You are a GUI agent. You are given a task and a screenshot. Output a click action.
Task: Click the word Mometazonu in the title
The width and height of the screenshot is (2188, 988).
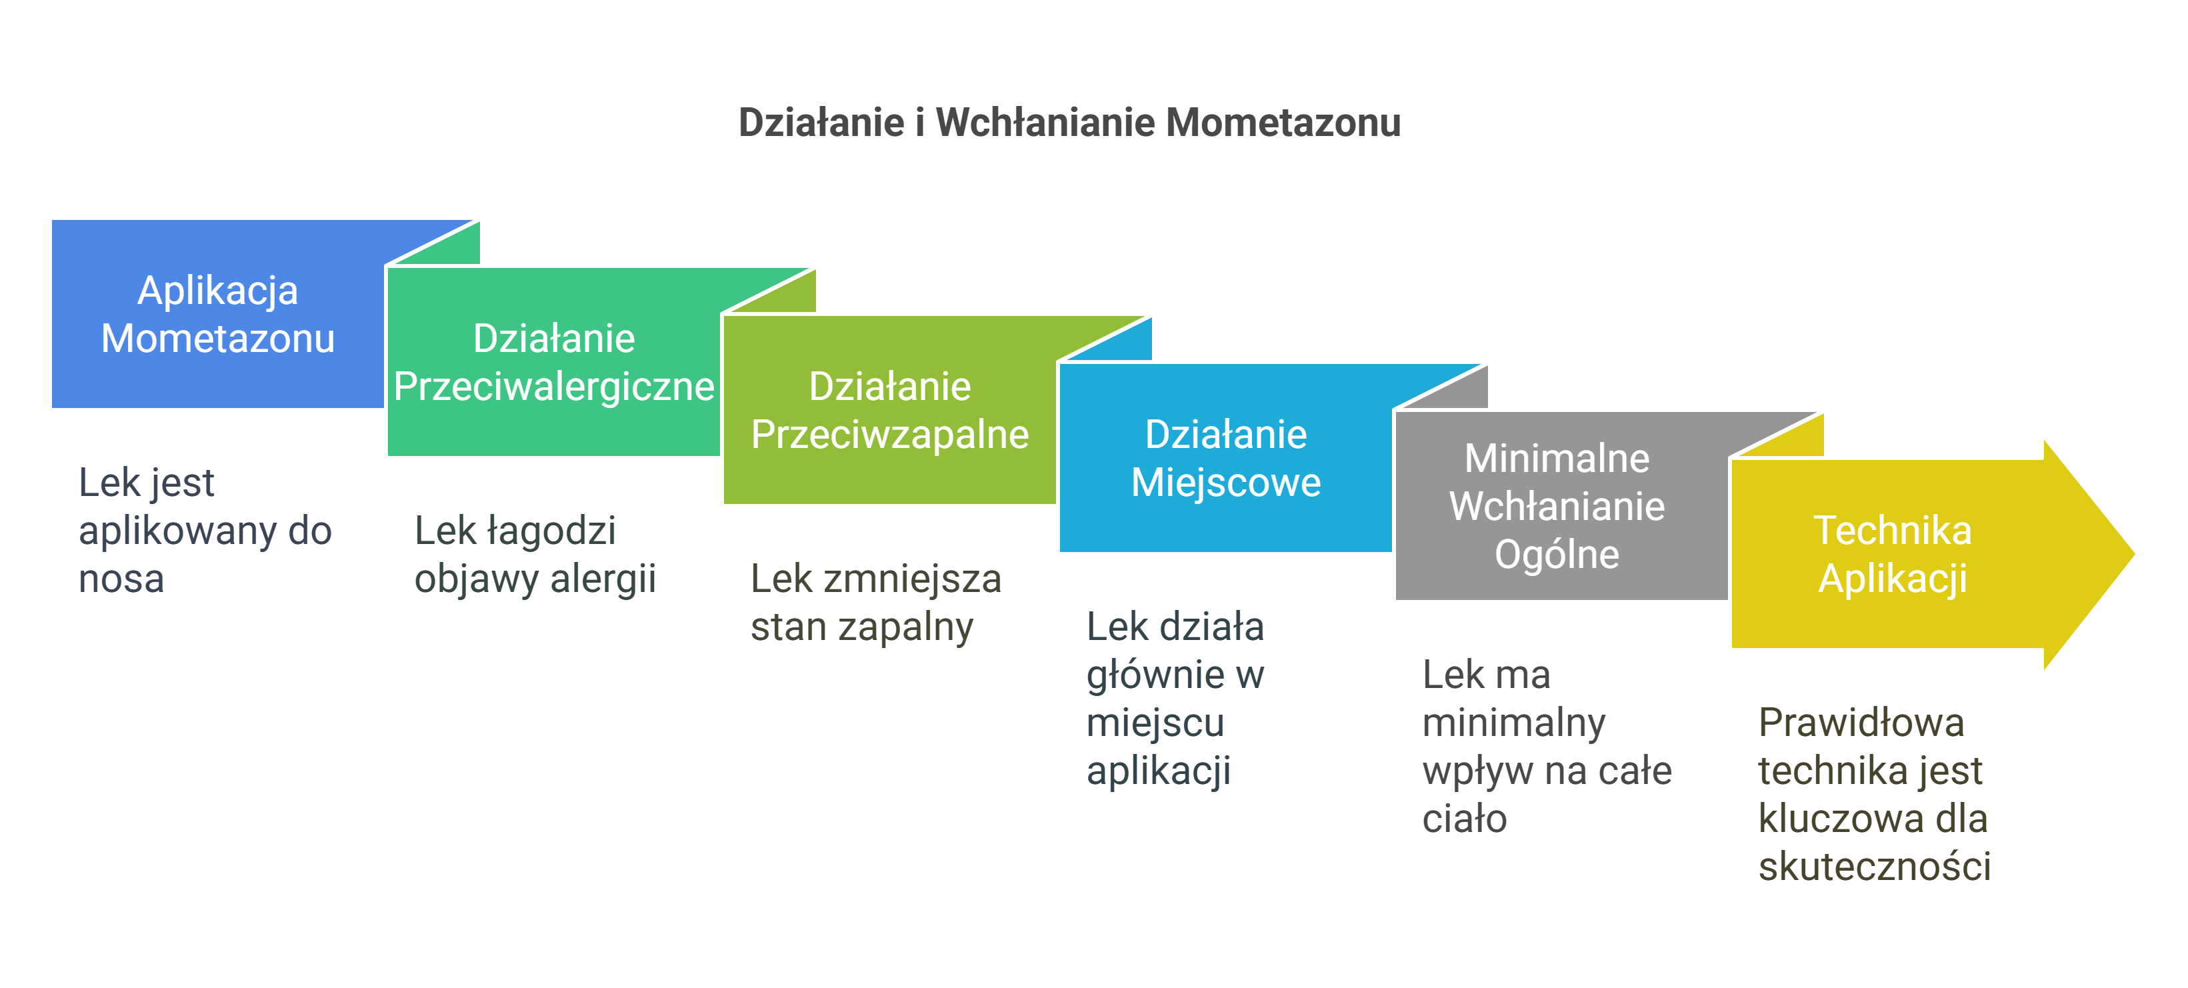point(1283,122)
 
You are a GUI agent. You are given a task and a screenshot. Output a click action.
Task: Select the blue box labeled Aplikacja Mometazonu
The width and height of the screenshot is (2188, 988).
point(217,313)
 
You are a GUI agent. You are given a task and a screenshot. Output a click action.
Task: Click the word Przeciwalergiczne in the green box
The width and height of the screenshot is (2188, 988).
point(554,387)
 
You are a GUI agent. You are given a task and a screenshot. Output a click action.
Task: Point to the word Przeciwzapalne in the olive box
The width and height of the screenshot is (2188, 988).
point(889,434)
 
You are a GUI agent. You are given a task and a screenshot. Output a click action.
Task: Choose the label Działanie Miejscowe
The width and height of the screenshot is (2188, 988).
point(1225,458)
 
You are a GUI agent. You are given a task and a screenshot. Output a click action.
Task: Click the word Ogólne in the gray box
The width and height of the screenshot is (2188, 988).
point(1556,555)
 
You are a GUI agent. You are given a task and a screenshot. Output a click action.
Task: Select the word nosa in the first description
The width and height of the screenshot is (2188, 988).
point(121,579)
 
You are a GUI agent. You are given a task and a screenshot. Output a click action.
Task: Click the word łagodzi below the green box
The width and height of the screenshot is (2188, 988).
point(551,531)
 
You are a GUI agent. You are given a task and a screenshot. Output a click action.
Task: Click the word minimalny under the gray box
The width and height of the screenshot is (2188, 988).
point(1513,723)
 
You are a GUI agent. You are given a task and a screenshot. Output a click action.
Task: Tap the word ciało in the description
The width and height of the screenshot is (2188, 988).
point(1463,819)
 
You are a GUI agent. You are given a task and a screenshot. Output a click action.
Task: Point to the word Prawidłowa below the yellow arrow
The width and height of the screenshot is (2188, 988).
point(1860,723)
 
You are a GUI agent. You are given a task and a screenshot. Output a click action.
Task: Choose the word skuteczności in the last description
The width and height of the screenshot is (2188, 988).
point(1874,867)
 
